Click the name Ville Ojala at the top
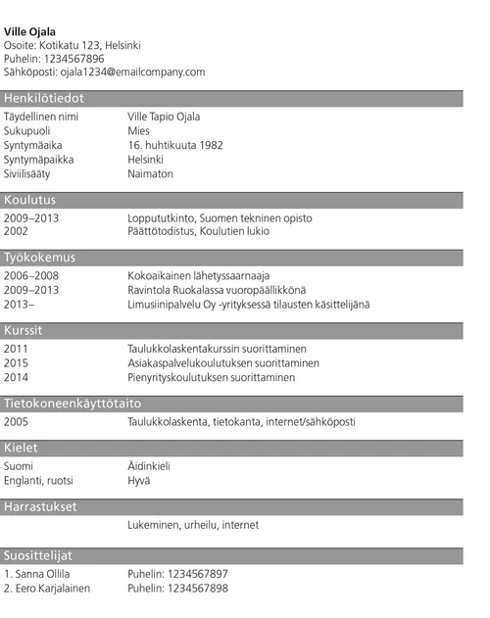click(x=30, y=32)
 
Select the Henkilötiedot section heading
click(x=44, y=98)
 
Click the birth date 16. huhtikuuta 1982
click(x=175, y=145)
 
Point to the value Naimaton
click(x=150, y=173)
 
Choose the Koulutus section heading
click(x=30, y=200)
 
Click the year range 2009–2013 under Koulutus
click(x=31, y=217)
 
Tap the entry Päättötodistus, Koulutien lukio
click(x=198, y=232)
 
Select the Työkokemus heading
click(x=39, y=258)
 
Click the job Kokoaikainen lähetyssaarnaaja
click(x=198, y=275)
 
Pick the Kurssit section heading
click(x=24, y=330)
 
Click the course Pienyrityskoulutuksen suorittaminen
click(x=211, y=377)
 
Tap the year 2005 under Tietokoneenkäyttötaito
click(x=17, y=421)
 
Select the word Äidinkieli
click(x=149, y=466)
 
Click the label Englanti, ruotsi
click(x=38, y=481)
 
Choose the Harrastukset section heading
click(x=40, y=507)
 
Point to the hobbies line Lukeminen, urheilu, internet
click(x=193, y=525)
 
